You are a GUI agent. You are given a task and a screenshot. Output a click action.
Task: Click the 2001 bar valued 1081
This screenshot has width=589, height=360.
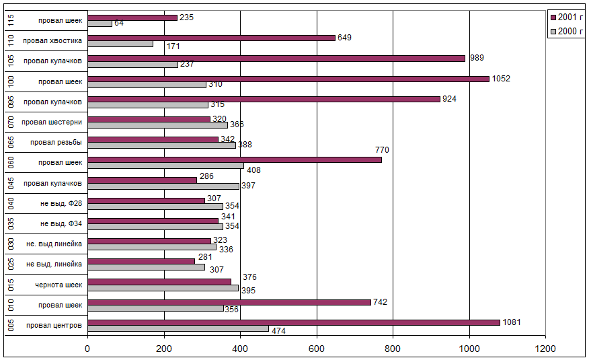click(294, 322)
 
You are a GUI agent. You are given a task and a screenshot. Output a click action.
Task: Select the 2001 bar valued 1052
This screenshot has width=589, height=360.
click(288, 79)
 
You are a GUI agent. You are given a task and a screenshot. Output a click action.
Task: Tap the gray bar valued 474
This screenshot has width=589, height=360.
click(178, 329)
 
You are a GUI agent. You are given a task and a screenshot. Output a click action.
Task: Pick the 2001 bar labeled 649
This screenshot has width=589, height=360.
click(211, 38)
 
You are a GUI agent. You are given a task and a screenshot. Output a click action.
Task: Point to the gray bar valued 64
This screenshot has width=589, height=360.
click(100, 24)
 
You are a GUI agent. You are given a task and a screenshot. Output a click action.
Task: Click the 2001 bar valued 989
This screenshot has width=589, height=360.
click(276, 59)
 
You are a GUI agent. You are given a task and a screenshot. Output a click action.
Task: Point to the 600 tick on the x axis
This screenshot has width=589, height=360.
click(317, 348)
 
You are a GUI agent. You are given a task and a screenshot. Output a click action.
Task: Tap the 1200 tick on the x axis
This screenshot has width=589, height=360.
click(545, 348)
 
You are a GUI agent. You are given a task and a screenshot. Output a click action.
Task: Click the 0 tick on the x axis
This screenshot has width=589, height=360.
click(87, 348)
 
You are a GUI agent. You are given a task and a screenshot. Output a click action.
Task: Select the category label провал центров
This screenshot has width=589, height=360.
click(54, 326)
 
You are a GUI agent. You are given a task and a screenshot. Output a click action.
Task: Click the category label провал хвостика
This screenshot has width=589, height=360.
click(52, 41)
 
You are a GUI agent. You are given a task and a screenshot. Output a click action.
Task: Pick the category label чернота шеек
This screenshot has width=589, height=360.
click(59, 285)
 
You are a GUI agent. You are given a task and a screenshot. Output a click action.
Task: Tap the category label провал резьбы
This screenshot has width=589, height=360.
click(56, 143)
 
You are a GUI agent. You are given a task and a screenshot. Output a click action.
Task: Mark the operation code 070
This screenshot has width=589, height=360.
click(11, 122)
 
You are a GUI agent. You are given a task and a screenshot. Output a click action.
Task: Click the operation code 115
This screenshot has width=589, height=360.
click(11, 20)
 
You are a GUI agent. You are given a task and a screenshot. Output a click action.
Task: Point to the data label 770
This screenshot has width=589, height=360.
click(381, 149)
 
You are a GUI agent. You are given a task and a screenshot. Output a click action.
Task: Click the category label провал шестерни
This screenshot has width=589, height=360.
click(52, 122)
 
